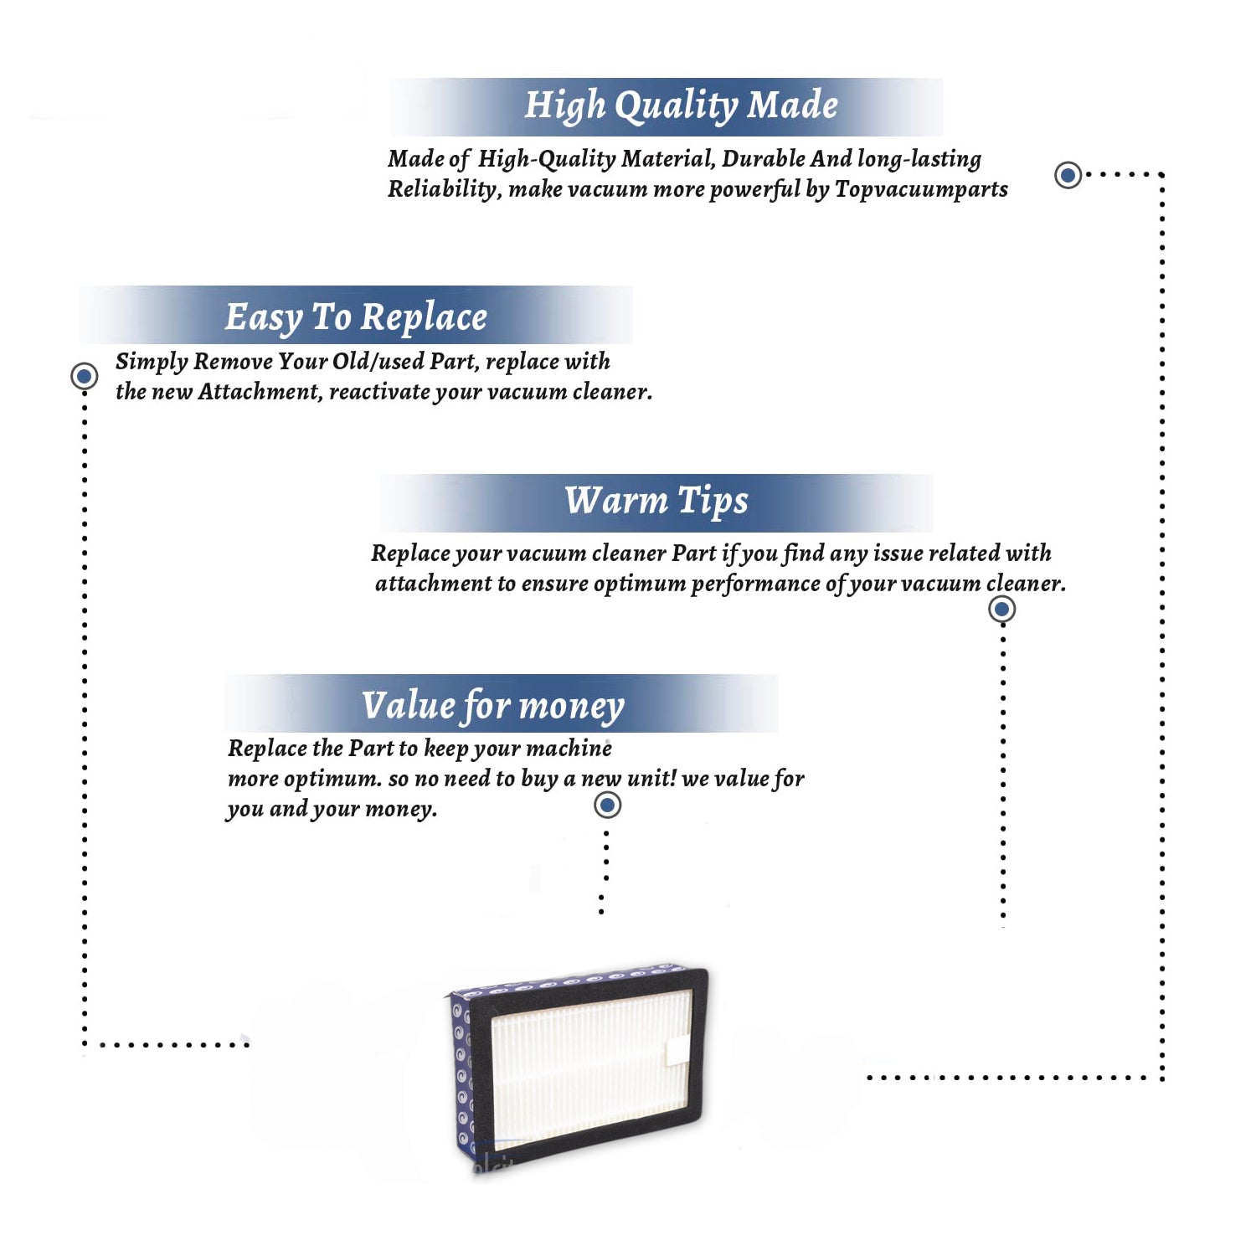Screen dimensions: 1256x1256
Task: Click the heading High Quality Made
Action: pyautogui.click(x=681, y=106)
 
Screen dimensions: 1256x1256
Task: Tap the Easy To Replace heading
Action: pyautogui.click(x=356, y=317)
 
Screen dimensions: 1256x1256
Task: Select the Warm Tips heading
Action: pyautogui.click(x=656, y=502)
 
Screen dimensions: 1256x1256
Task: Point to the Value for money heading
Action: pyautogui.click(x=493, y=706)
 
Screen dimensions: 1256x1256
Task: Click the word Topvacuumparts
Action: pyautogui.click(x=921, y=189)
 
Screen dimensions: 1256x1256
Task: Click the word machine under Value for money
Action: pyautogui.click(x=569, y=748)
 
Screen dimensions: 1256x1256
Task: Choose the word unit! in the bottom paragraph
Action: pyautogui.click(x=651, y=778)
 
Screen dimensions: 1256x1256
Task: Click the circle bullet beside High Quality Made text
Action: pyautogui.click(x=1068, y=175)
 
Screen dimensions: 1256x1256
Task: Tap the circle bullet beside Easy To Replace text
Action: pyautogui.click(x=84, y=376)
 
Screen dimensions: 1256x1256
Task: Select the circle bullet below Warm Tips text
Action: pyautogui.click(x=1001, y=609)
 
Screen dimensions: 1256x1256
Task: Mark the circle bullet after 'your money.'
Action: pyautogui.click(x=607, y=806)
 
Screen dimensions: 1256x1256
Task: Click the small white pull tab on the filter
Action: pyautogui.click(x=677, y=1052)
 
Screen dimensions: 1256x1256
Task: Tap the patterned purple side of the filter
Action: pyautogui.click(x=461, y=1072)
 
